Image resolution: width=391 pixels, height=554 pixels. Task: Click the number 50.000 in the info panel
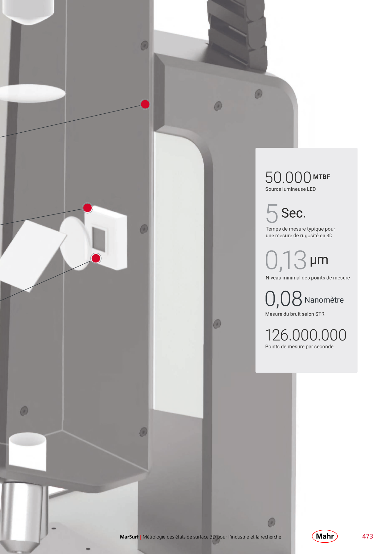point(288,177)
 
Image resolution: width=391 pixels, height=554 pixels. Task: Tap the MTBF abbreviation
point(322,177)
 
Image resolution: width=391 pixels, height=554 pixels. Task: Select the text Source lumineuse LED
point(290,189)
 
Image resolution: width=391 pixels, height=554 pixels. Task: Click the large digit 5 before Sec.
point(272,213)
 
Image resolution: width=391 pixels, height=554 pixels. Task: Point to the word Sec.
point(294,213)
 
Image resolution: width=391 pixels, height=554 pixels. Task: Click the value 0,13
point(286,260)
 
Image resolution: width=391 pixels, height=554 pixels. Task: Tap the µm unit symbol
point(319,260)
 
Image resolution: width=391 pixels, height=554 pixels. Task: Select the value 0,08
point(283,298)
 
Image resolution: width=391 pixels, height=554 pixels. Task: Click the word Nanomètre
point(324,300)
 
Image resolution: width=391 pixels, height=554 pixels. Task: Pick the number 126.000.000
point(306,335)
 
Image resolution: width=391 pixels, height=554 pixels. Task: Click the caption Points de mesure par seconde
point(299,346)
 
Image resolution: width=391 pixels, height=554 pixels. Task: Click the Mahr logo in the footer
point(325,536)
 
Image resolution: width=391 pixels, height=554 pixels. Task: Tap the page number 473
point(368,536)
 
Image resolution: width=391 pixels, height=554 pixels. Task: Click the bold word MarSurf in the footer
point(129,537)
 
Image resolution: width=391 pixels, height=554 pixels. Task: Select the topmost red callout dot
point(145,104)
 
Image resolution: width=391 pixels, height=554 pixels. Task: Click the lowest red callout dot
point(96,258)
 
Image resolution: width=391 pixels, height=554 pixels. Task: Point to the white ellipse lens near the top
point(32,93)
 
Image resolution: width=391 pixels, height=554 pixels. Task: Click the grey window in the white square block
point(99,240)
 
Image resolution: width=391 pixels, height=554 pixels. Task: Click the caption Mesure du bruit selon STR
point(295,314)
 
